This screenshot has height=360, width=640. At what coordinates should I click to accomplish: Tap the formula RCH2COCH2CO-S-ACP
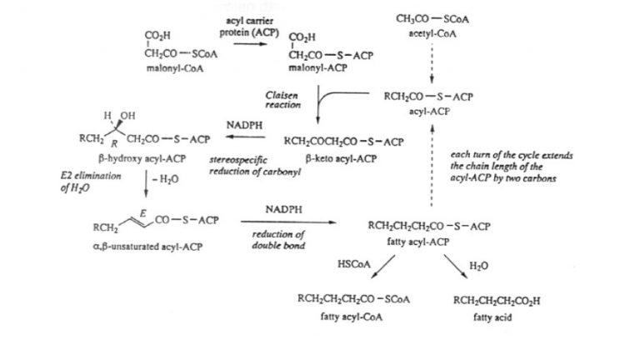344,142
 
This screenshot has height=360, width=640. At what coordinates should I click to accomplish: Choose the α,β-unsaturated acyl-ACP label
152,246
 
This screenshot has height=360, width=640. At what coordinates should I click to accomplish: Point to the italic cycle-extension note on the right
510,166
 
